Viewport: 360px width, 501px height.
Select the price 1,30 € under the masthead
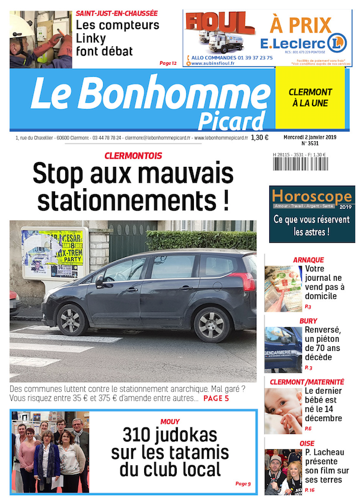[x=259, y=138]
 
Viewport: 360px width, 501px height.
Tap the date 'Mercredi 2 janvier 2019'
[x=310, y=137]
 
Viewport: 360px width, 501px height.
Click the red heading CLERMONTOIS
[x=133, y=156]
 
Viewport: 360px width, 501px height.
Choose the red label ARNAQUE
[x=308, y=259]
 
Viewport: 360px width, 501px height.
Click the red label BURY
[x=308, y=321]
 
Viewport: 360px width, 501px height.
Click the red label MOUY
[x=170, y=421]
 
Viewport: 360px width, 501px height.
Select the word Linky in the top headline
[x=91, y=38]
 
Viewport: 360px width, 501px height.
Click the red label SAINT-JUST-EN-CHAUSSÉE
[x=116, y=12]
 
